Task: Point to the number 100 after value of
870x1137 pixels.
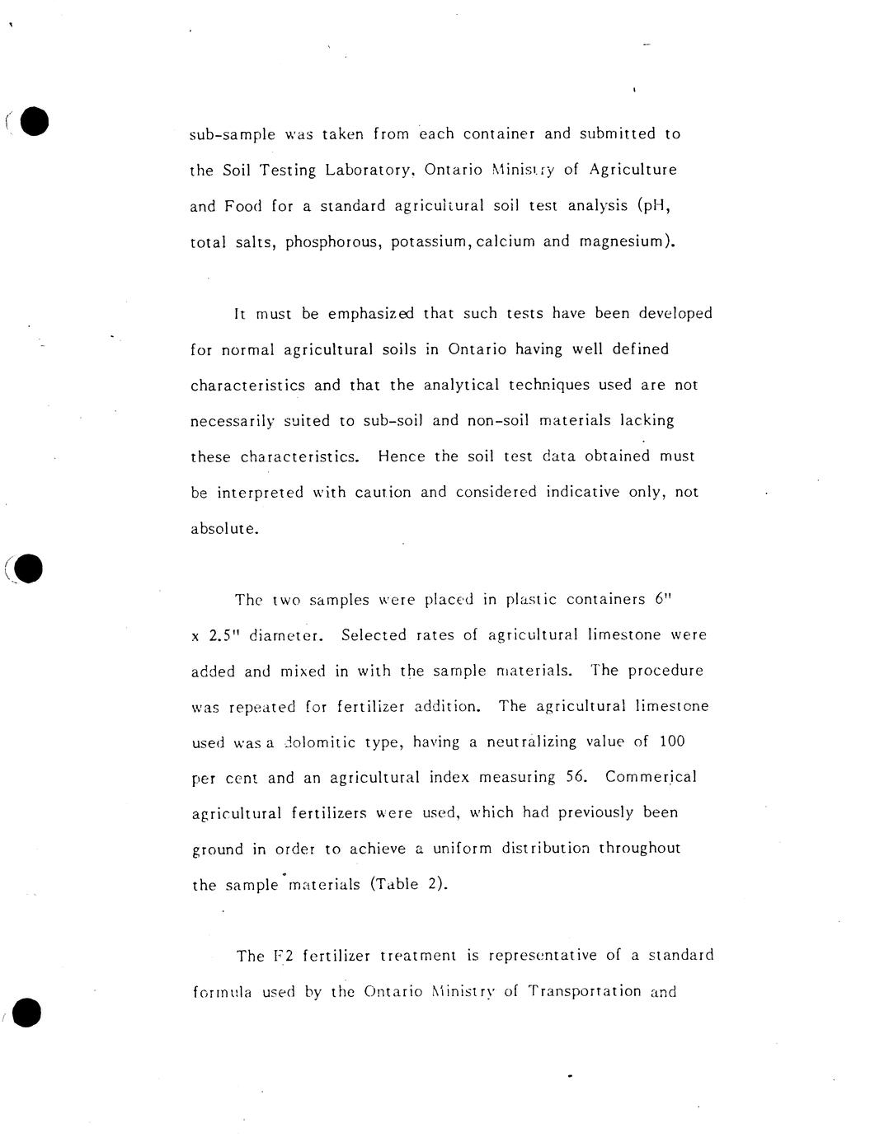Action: point(672,742)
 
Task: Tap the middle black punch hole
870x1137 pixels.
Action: point(28,568)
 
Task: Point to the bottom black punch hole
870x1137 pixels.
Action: point(26,1013)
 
